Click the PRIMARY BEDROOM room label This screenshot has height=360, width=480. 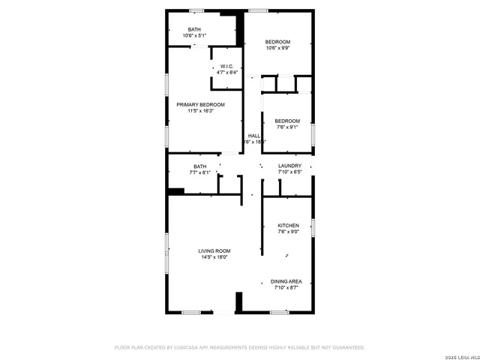click(x=200, y=104)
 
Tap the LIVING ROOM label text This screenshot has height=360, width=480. click(x=214, y=250)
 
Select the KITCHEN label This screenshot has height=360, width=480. click(x=289, y=225)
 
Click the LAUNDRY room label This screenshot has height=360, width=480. click(x=289, y=166)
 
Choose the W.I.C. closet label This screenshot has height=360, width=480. click(x=227, y=66)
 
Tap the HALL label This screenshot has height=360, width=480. click(x=254, y=136)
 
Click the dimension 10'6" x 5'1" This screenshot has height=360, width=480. click(x=194, y=35)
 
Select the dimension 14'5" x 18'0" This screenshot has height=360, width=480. click(x=214, y=257)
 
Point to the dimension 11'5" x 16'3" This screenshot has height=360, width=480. click(x=200, y=111)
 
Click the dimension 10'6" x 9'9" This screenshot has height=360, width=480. click(x=277, y=48)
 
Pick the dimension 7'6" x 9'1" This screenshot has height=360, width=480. click(x=286, y=127)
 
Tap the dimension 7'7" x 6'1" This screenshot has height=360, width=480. click(x=199, y=172)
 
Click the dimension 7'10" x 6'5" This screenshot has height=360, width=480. click(x=289, y=172)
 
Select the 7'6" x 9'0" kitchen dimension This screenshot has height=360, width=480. click(x=289, y=232)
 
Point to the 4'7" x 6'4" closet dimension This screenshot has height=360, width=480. click(x=227, y=72)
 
